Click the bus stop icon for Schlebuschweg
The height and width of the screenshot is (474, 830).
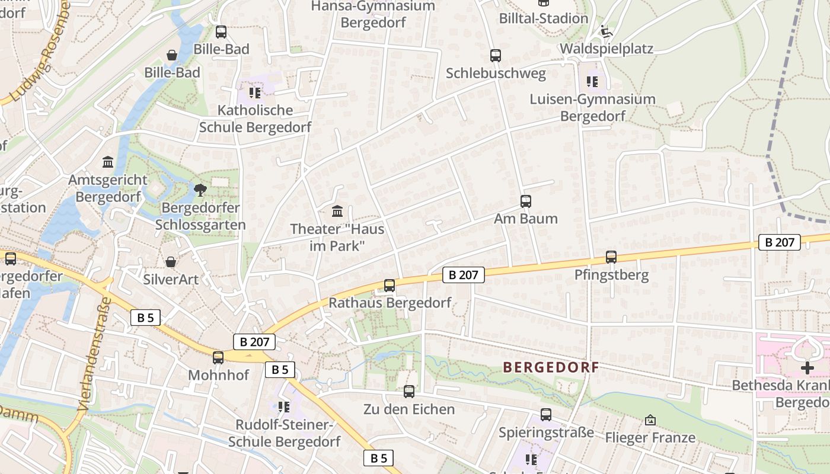496,56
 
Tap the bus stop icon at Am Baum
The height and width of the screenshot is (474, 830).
526,201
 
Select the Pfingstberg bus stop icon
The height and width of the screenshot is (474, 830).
611,257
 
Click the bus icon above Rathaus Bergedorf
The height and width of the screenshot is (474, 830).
390,285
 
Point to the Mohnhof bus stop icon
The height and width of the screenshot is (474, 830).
218,357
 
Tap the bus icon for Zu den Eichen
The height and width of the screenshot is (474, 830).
409,391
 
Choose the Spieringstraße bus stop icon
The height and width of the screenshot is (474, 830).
546,415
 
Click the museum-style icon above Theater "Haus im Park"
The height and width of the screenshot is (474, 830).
337,211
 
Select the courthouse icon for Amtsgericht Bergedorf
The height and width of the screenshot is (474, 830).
108,162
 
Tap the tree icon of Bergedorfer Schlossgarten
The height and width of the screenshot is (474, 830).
200,190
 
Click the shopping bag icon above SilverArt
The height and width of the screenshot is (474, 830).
171,261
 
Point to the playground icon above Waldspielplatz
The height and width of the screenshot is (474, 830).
606,31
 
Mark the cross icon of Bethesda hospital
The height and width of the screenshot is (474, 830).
807,368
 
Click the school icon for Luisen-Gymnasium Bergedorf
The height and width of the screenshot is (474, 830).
592,81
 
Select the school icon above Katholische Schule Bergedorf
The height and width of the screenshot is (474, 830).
255,92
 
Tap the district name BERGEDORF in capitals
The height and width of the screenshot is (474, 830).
551,367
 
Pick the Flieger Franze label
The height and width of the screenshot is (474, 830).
650,438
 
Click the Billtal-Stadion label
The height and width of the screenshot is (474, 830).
544,18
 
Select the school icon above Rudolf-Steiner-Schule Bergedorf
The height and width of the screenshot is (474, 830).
284,406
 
